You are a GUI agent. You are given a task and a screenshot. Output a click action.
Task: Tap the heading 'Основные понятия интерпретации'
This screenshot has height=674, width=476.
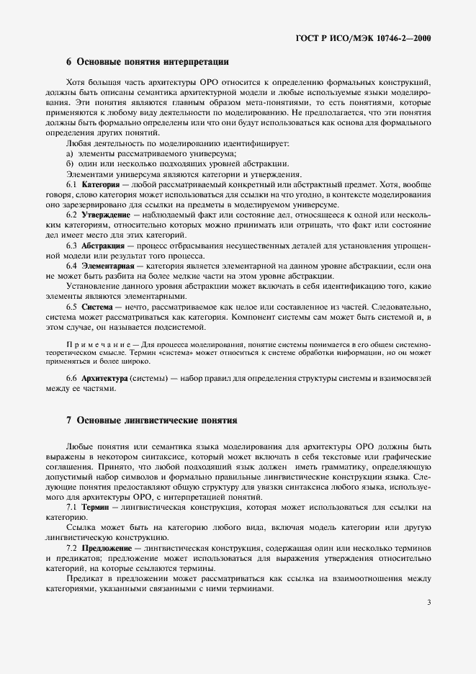(x=153, y=61)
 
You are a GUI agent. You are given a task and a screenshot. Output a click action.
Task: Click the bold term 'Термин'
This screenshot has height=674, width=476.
(x=95, y=507)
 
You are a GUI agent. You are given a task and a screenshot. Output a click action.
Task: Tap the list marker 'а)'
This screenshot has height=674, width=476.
(x=70, y=155)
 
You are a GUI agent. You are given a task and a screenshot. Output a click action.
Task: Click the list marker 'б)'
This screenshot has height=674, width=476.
(x=70, y=165)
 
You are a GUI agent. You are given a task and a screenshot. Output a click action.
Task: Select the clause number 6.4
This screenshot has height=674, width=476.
(x=73, y=266)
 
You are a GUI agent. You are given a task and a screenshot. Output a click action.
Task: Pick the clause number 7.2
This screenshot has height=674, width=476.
(x=73, y=548)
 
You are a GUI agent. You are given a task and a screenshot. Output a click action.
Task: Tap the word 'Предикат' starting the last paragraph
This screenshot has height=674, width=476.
(x=85, y=578)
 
